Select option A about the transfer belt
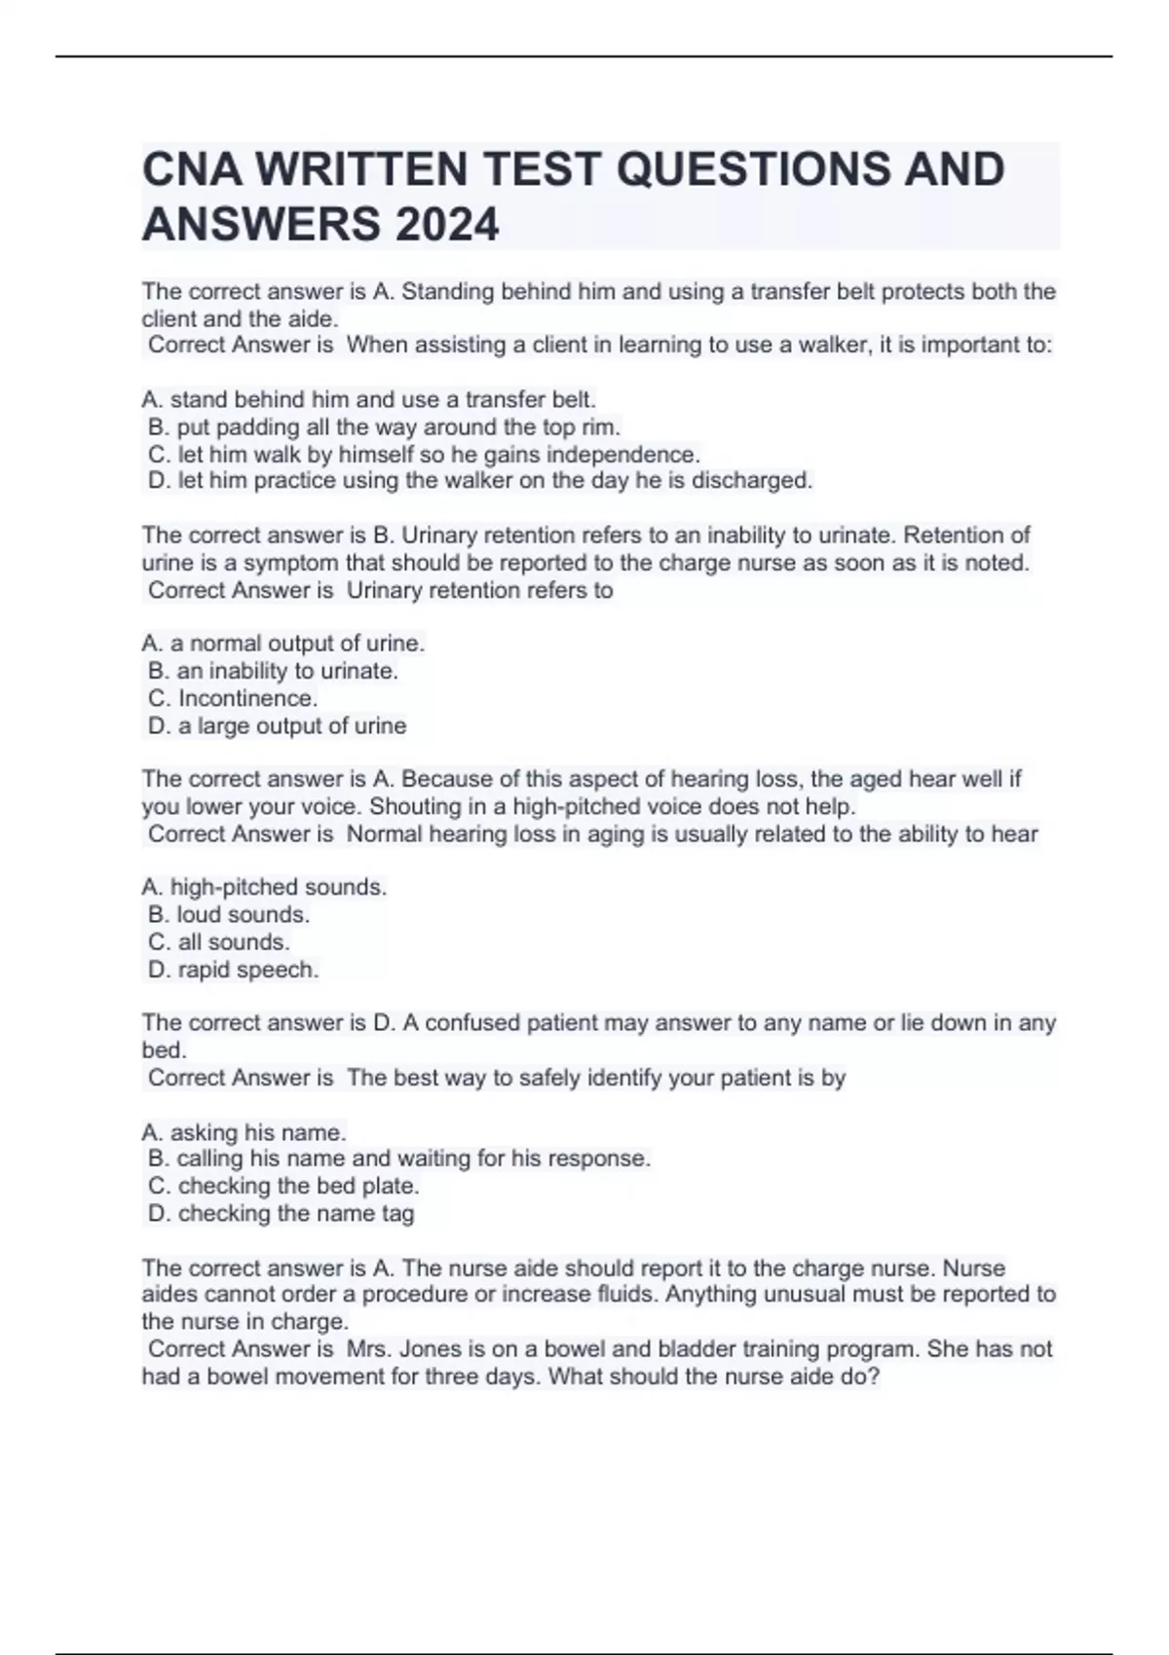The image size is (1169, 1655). pyautogui.click(x=368, y=399)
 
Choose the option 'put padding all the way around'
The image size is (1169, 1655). pyautogui.click(x=384, y=426)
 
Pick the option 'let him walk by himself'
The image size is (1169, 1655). pyautogui.click(x=424, y=454)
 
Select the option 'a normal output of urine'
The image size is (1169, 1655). pyautogui.click(x=283, y=644)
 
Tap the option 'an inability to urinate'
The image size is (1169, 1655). pyautogui.click(x=273, y=671)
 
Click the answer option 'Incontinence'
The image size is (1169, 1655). pyautogui.click(x=233, y=698)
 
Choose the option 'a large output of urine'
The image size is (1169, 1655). pyautogui.click(x=277, y=725)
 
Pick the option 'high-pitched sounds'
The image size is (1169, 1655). pyautogui.click(x=264, y=887)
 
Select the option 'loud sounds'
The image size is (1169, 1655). pyautogui.click(x=229, y=914)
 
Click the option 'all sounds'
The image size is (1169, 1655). pyautogui.click(x=219, y=941)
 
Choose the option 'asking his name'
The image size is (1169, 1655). pyautogui.click(x=244, y=1132)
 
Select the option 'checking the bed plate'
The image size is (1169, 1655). pyautogui.click(x=283, y=1186)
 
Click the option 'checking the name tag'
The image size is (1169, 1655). pyautogui.click(x=281, y=1213)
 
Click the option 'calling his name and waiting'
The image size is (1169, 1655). pyautogui.click(x=398, y=1158)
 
